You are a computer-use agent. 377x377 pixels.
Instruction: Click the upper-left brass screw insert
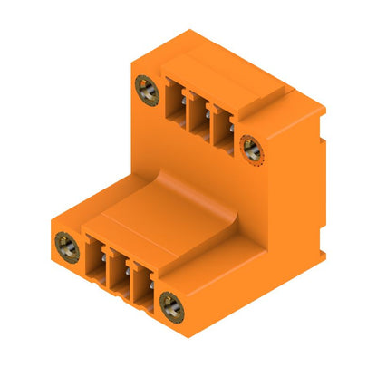(x=145, y=88)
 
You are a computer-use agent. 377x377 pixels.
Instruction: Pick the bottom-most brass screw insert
(x=170, y=306)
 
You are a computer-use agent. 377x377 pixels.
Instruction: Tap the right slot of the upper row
(x=218, y=129)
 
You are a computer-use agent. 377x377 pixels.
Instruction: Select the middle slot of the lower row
(x=117, y=268)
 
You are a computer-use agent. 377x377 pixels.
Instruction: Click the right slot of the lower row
(x=140, y=282)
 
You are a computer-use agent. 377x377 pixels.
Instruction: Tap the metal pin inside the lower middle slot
(x=118, y=275)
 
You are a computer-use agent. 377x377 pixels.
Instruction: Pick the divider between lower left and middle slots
(x=106, y=266)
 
